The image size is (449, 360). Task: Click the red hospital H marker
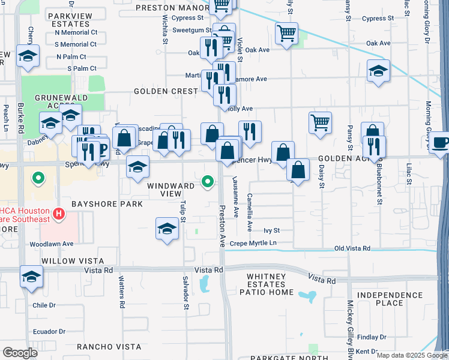tap(59, 213)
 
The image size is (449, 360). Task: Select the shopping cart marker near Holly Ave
tap(321, 122)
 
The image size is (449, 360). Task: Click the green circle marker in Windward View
tap(208, 181)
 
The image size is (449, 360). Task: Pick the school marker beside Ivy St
tap(167, 228)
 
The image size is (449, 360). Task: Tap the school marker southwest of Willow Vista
tap(31, 276)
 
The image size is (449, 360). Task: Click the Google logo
tap(20, 352)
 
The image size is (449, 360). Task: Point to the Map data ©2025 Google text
tap(412, 355)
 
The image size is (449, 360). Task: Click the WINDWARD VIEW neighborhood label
tap(171, 190)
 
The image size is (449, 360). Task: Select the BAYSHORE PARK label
tap(107, 204)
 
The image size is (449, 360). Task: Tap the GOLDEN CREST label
tap(166, 91)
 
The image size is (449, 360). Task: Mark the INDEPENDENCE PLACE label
tap(388, 299)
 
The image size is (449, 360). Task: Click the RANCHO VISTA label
tap(109, 347)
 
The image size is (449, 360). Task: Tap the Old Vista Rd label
tap(352, 248)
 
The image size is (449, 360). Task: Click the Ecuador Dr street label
tap(49, 331)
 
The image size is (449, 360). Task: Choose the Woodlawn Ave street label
tap(51, 244)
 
